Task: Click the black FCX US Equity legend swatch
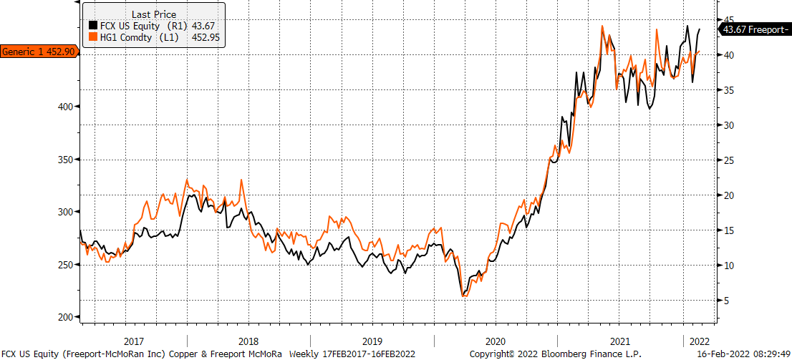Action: (x=93, y=25)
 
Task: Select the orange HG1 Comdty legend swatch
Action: (x=93, y=37)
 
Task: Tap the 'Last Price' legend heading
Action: (x=154, y=14)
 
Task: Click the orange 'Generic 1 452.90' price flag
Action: (x=39, y=52)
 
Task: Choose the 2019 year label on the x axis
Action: (x=373, y=340)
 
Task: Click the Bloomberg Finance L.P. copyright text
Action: (x=556, y=354)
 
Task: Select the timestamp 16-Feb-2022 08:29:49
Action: (x=745, y=354)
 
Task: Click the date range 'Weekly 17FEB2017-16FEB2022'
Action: (x=352, y=354)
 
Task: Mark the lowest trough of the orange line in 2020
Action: (x=464, y=296)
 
